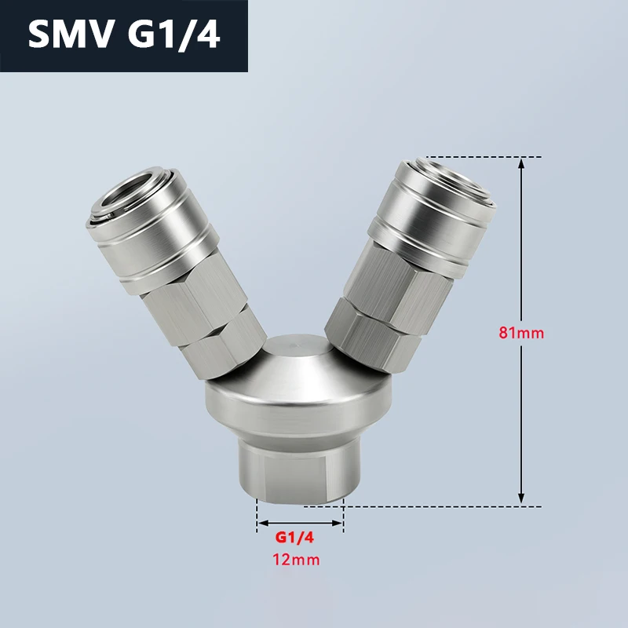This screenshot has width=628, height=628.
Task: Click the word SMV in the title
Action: tap(70, 35)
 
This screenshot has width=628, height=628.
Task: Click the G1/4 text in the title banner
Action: tap(173, 35)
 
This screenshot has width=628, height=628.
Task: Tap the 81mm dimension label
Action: tap(521, 333)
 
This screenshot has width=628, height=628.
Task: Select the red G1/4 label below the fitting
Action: tap(294, 538)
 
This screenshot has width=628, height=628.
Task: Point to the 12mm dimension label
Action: tap(296, 559)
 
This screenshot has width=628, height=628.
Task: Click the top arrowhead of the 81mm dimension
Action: tap(521, 162)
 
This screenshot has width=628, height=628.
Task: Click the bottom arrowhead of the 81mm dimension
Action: tap(521, 498)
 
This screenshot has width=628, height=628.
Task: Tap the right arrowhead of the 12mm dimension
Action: tap(338, 523)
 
